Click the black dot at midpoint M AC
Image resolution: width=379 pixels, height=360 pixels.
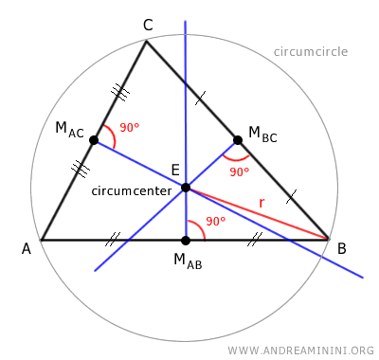coord(94,140)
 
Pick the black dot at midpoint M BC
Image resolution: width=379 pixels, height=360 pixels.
coord(238,140)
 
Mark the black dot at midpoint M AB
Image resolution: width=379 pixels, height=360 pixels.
coord(186,240)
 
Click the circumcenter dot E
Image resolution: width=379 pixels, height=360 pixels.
coord(186,188)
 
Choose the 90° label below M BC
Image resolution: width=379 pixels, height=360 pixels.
coord(239,171)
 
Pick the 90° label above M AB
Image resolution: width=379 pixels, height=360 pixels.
coord(216,222)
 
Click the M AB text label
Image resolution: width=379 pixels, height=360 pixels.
coord(188,261)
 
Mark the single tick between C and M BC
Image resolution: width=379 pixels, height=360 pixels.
coord(198,98)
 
